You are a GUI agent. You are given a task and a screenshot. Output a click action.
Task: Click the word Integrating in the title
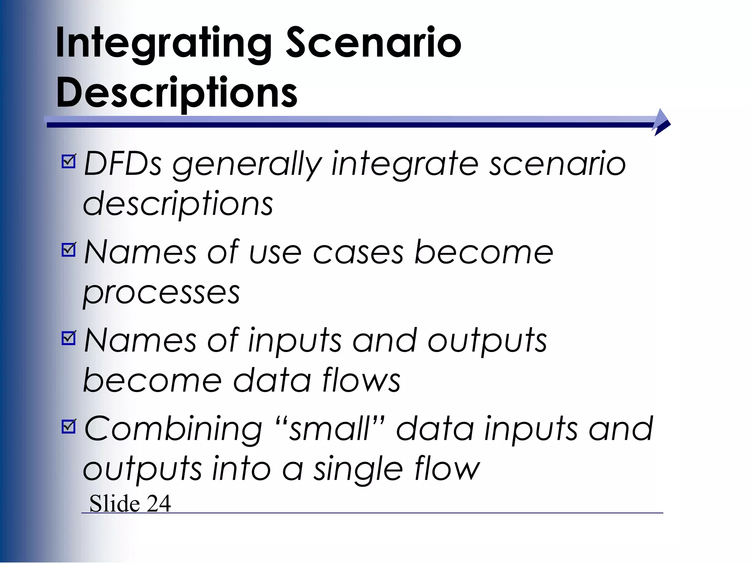[x=163, y=44]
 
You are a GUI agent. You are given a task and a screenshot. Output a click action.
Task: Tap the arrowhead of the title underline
[x=662, y=122]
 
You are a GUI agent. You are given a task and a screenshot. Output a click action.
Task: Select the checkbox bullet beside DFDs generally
[x=69, y=161]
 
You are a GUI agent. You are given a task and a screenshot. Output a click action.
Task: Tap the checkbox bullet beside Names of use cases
[x=69, y=250]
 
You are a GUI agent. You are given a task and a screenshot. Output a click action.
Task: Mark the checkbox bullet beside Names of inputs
[x=69, y=338]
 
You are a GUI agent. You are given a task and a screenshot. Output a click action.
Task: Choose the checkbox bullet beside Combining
[x=69, y=426]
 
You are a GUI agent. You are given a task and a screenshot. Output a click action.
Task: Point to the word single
[x=358, y=470]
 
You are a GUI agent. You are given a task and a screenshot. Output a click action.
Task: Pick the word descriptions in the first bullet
[x=178, y=204]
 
